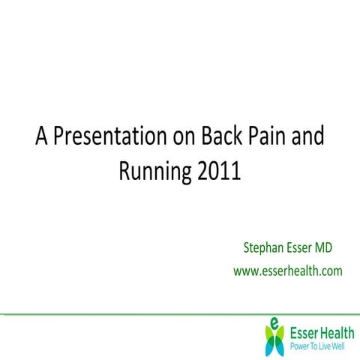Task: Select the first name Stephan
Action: click(264, 247)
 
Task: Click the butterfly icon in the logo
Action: click(275, 336)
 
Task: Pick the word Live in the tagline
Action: click(329, 347)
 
